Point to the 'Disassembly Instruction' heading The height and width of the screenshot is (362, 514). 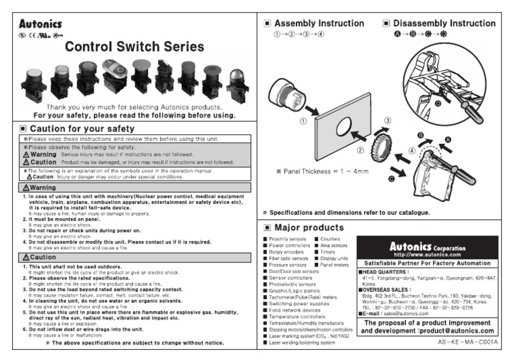444,23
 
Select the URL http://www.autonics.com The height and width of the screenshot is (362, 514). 428,254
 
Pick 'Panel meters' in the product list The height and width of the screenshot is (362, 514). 335,265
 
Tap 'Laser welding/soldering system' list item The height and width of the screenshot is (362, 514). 302,343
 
